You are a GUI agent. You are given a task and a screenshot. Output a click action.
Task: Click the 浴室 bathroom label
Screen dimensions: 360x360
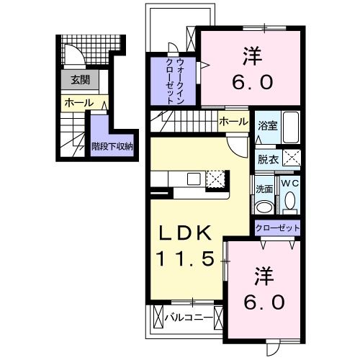pyautogui.click(x=266, y=124)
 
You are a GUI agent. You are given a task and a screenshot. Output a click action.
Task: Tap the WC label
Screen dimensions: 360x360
pyautogui.click(x=289, y=184)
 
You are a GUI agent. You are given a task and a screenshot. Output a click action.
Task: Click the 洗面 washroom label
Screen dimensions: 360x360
pyautogui.click(x=264, y=189)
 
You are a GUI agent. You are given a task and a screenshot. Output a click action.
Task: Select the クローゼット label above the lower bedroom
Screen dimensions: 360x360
pyautogui.click(x=277, y=229)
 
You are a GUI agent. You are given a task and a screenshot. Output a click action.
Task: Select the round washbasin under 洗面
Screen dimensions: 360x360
pyautogui.click(x=264, y=207)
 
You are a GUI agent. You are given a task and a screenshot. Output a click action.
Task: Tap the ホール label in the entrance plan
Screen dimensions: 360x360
pyautogui.click(x=78, y=103)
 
